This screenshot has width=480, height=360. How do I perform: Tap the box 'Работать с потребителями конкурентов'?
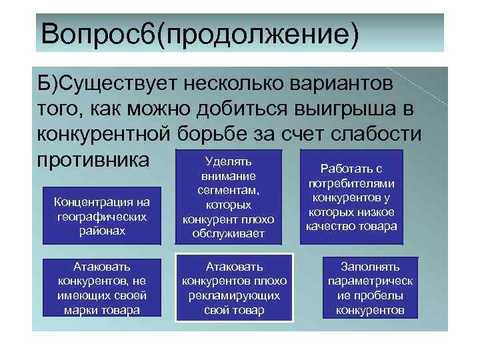tap(351, 197)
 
